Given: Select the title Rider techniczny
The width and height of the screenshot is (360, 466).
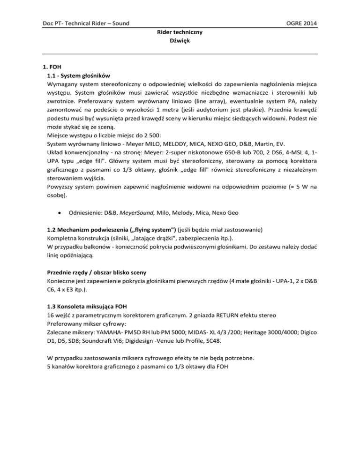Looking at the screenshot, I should tap(180, 33).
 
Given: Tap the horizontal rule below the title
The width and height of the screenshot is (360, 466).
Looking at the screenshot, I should tap(180, 54).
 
